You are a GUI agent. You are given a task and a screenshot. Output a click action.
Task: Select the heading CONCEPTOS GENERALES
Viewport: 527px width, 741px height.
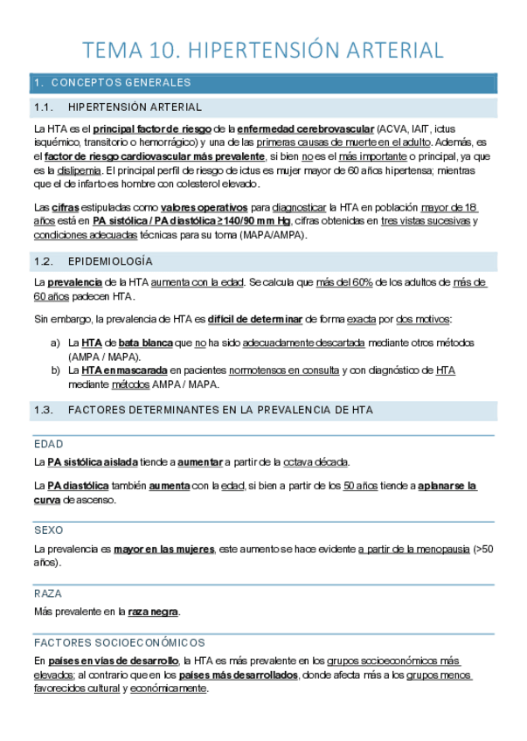pos(121,83)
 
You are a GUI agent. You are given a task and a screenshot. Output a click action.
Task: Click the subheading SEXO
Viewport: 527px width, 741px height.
pos(48,530)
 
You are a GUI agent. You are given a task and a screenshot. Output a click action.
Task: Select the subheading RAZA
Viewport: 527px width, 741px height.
pos(48,592)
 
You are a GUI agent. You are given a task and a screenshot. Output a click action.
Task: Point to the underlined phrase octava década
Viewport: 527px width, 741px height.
pos(319,462)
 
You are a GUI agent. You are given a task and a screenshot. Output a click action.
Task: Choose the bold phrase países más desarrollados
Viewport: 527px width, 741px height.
pos(238,675)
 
